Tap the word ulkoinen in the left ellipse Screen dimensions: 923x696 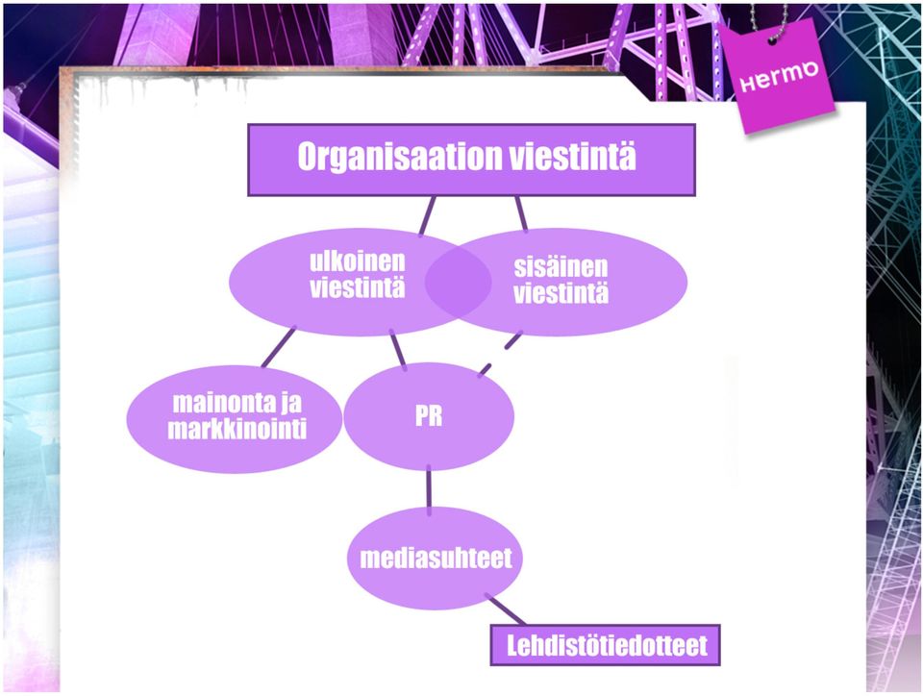(358, 261)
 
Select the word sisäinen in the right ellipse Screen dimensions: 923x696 (561, 267)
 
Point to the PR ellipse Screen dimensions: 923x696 (429, 416)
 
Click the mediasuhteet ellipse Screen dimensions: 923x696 (435, 558)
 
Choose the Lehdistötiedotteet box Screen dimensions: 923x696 (605, 645)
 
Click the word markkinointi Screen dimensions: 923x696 (237, 430)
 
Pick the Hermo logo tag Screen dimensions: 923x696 (778, 77)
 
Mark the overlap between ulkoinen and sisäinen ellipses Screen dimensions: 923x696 (458, 283)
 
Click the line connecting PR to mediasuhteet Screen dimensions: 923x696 (429, 490)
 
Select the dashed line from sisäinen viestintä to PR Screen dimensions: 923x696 (501, 354)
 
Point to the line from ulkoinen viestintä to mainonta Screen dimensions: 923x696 (279, 347)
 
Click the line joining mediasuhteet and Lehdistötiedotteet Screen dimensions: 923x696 (505, 609)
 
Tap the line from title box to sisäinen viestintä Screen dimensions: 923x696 (521, 213)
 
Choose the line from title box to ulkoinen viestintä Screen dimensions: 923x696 (427, 216)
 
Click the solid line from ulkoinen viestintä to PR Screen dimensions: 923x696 (398, 350)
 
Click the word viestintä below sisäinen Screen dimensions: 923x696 (561, 293)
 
